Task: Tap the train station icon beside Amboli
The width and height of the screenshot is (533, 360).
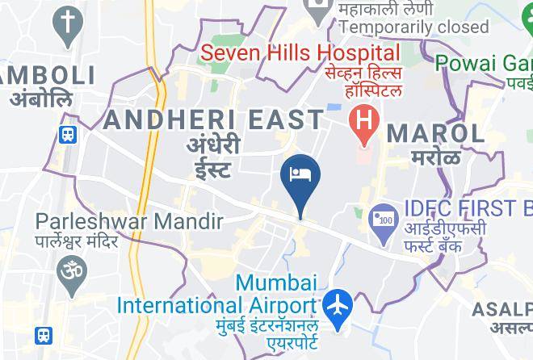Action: pos(68,135)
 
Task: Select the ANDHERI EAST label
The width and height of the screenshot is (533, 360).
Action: pos(214,120)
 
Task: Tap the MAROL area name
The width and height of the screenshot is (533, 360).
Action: pos(435,133)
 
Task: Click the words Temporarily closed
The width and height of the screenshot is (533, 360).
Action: pos(414,27)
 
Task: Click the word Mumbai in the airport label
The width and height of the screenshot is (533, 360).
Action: pos(277,283)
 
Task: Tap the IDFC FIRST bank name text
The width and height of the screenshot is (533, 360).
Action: pos(461,208)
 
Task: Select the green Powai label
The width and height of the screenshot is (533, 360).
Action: pos(483,62)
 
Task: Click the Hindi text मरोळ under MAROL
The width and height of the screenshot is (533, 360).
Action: pos(435,157)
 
